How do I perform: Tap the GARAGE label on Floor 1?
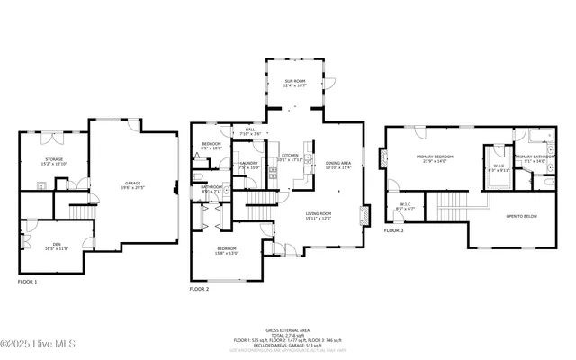(133, 185)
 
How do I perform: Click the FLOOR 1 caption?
(29, 282)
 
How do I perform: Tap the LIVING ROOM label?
(319, 215)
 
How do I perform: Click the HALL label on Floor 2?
(250, 131)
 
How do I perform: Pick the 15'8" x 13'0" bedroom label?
(226, 250)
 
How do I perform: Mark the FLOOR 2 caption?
(199, 289)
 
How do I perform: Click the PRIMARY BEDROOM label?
(434, 158)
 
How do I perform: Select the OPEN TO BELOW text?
(522, 217)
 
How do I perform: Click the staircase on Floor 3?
(454, 206)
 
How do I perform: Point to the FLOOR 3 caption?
(394, 231)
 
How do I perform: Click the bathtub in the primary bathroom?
(540, 139)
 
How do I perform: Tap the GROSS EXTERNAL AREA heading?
(288, 330)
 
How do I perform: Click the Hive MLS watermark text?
(39, 345)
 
